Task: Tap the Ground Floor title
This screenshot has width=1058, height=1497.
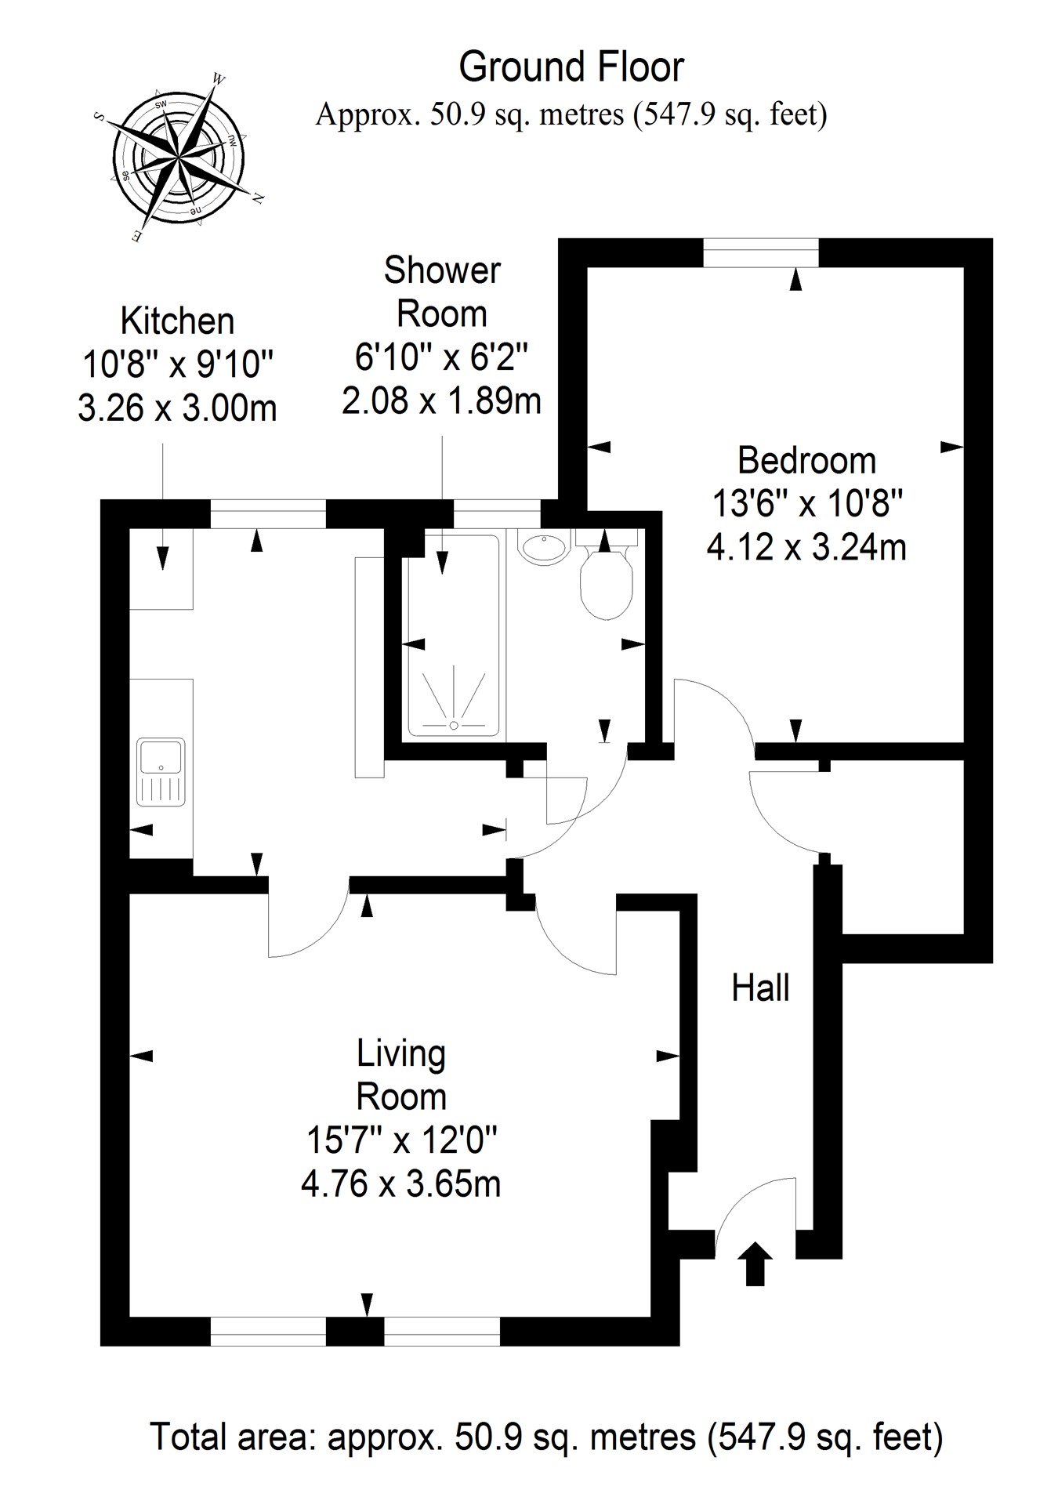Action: tap(571, 67)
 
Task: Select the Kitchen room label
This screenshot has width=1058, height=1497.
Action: tap(177, 321)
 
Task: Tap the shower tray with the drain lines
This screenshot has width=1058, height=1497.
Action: tap(453, 694)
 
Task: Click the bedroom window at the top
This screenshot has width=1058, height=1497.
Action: tap(760, 253)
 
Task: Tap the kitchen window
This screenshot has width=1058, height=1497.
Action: tap(267, 515)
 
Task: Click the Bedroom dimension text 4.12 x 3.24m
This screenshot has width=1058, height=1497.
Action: tap(806, 546)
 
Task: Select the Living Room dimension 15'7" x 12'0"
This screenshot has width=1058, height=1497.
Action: tap(401, 1140)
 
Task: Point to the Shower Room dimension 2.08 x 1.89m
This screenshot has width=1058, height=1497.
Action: tap(441, 401)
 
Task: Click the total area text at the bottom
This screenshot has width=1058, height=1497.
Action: tap(545, 1437)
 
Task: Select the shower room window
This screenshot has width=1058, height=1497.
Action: tap(497, 515)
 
